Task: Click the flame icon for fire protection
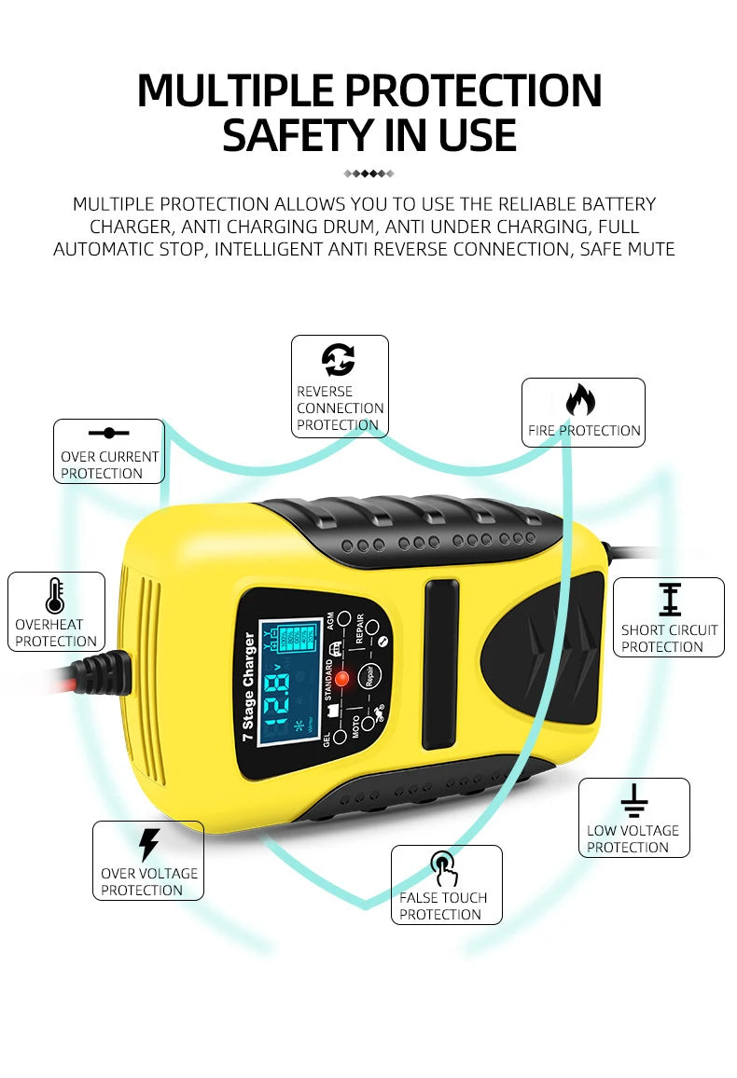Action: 581,401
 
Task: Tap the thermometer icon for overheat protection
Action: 55,596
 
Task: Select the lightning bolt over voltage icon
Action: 148,844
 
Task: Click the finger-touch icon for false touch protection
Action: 444,868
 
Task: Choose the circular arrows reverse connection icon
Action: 338,360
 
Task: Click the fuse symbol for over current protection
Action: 109,433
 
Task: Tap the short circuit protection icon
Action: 670,600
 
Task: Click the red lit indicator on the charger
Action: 341,678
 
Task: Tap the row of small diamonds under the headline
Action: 369,173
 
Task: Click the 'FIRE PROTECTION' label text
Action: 584,431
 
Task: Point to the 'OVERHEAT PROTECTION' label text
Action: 56,633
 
